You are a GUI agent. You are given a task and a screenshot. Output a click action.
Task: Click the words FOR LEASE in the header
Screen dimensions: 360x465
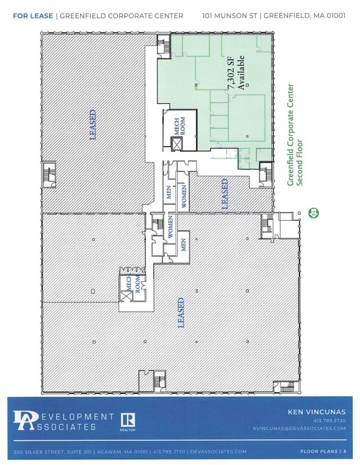33,16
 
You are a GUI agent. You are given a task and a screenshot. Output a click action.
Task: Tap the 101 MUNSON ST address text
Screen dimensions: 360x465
229,15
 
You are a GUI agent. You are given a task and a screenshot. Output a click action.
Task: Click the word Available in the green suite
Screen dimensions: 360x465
241,72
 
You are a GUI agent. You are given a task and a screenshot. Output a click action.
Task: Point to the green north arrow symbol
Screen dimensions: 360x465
313,212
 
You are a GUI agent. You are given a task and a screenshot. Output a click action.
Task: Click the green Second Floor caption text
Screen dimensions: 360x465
300,163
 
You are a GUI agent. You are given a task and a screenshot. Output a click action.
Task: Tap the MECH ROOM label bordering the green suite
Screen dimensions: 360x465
180,126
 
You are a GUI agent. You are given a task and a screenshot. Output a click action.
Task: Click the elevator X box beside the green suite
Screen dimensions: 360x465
177,144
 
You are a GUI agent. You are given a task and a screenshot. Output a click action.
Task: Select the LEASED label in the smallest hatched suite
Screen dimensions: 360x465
225,193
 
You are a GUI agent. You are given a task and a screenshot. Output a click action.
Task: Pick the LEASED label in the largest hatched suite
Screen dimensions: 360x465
181,313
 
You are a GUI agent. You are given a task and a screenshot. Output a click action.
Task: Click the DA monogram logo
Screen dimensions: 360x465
25,420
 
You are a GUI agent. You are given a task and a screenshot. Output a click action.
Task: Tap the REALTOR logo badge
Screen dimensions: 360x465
128,422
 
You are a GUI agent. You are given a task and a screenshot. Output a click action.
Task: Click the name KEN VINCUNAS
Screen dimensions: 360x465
316,412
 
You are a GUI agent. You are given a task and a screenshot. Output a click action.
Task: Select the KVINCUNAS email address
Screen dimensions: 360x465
299,429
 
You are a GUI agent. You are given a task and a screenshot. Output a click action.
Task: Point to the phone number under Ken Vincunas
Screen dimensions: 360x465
329,420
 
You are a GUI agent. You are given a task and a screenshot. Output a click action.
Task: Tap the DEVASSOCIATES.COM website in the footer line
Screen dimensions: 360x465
218,451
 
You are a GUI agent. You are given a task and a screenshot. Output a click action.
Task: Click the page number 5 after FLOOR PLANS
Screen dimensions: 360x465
345,451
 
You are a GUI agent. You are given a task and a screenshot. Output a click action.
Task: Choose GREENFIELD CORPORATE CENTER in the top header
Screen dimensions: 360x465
122,16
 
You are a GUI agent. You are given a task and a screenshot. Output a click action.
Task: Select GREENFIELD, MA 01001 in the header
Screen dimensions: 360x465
305,15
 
